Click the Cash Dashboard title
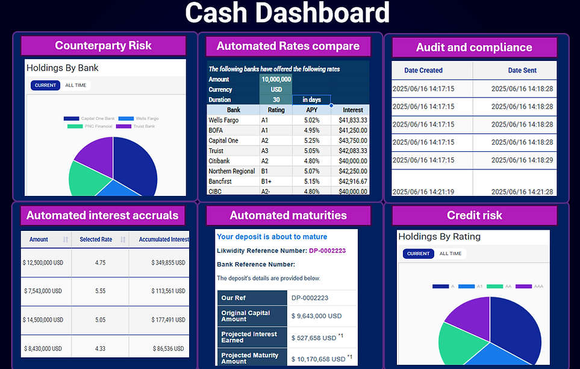click(287, 13)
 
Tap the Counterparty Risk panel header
click(103, 46)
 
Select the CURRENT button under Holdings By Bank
click(45, 86)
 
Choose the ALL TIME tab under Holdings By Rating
click(451, 254)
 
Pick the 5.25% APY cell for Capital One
click(311, 140)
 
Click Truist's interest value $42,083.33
click(353, 151)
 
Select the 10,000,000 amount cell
click(276, 79)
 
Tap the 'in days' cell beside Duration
click(311, 99)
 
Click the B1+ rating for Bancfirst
click(267, 181)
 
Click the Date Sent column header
click(522, 71)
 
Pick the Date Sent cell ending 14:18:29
click(522, 160)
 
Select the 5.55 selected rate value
click(100, 291)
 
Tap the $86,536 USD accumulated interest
click(168, 348)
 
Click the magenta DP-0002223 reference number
click(327, 251)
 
